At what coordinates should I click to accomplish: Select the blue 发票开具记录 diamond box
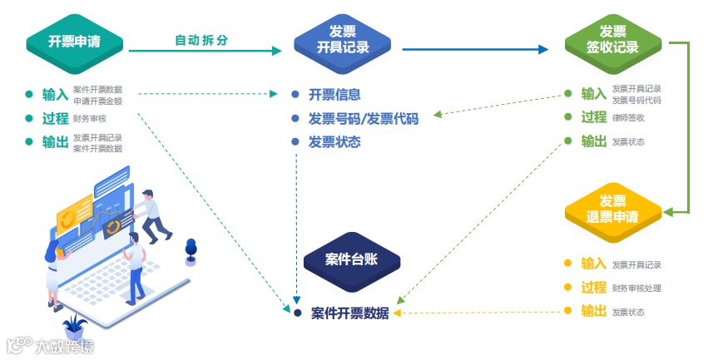click(x=343, y=41)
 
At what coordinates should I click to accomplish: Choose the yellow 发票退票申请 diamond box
click(x=612, y=210)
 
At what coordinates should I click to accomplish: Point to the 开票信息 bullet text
click(x=334, y=95)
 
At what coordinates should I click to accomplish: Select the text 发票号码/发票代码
click(x=364, y=119)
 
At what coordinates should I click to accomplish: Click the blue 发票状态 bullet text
click(x=334, y=142)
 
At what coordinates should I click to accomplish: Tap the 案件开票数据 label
click(x=349, y=313)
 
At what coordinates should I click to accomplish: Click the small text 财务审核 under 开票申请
click(x=91, y=119)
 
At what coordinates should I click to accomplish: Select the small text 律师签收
click(x=628, y=118)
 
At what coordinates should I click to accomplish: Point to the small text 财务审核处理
click(x=636, y=288)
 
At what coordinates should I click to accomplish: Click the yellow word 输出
click(x=593, y=311)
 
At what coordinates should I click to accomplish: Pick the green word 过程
click(x=593, y=117)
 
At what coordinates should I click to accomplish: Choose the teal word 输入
click(x=55, y=94)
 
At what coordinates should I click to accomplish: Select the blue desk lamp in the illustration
click(x=191, y=250)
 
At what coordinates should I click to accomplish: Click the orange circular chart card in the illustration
click(x=74, y=212)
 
